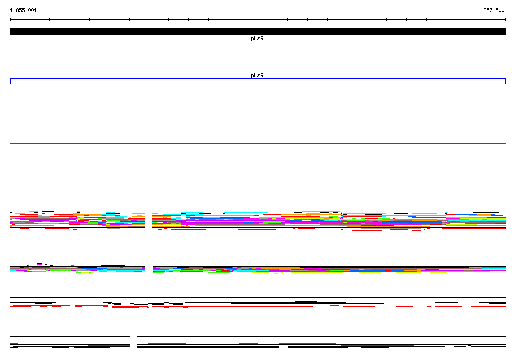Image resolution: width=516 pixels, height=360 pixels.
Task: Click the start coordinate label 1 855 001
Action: [x=23, y=10]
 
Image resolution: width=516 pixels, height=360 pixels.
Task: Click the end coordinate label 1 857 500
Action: [x=491, y=10]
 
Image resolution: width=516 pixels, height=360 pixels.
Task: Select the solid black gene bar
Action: [x=258, y=31]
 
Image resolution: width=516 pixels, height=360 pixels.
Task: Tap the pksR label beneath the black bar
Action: [x=257, y=38]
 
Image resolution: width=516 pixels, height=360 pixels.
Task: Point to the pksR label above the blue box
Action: [x=257, y=75]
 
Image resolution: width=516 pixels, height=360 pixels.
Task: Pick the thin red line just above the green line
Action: [x=258, y=144]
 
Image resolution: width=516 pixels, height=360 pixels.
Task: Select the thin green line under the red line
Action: [x=258, y=145]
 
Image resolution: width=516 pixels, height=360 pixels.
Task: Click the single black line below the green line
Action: [x=258, y=159]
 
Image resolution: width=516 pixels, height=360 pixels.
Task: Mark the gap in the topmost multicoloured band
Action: [x=149, y=221]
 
